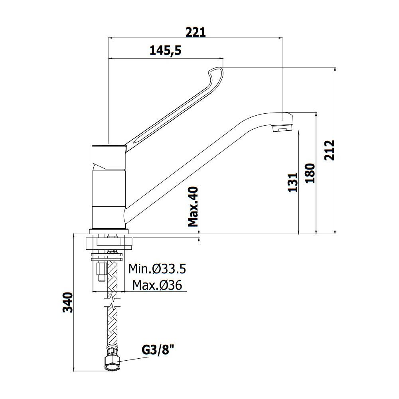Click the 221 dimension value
click(x=195, y=32)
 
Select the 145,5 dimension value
click(x=165, y=50)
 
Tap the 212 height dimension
click(x=330, y=150)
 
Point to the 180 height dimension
click(x=310, y=173)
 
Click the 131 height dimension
click(x=292, y=182)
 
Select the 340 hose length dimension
click(x=68, y=302)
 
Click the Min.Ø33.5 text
click(x=157, y=269)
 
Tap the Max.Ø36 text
click(x=157, y=285)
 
